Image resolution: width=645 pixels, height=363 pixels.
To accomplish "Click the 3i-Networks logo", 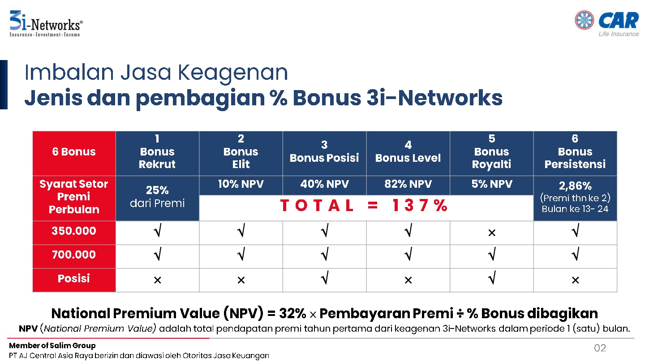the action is (46, 24).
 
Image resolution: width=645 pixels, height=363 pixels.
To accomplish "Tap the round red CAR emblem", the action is (584, 20).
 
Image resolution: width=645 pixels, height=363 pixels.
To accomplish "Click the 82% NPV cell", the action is (408, 184).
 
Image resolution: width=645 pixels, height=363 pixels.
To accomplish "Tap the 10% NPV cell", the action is (241, 184).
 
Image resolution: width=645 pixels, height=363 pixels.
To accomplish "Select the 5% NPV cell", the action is (492, 184).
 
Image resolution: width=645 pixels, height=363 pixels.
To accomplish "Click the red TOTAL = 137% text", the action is (364, 206).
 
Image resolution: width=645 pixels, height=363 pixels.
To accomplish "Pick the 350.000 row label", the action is (74, 231).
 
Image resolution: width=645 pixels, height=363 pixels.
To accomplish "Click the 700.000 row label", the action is (74, 255).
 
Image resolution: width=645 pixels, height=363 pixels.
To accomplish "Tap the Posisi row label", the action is (74, 279).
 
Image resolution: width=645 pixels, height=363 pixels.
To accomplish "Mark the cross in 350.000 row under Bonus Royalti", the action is (492, 233).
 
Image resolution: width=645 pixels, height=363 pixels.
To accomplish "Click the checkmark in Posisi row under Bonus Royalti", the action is (492, 277).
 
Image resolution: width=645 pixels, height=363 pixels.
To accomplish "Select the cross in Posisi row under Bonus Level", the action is (408, 280).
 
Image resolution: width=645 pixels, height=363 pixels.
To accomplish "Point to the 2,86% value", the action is (575, 186).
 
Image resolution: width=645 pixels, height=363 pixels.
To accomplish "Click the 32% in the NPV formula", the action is (292, 313).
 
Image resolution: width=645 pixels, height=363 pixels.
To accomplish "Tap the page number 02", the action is (600, 348).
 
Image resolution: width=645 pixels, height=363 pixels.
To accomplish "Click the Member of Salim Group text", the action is (52, 346).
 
